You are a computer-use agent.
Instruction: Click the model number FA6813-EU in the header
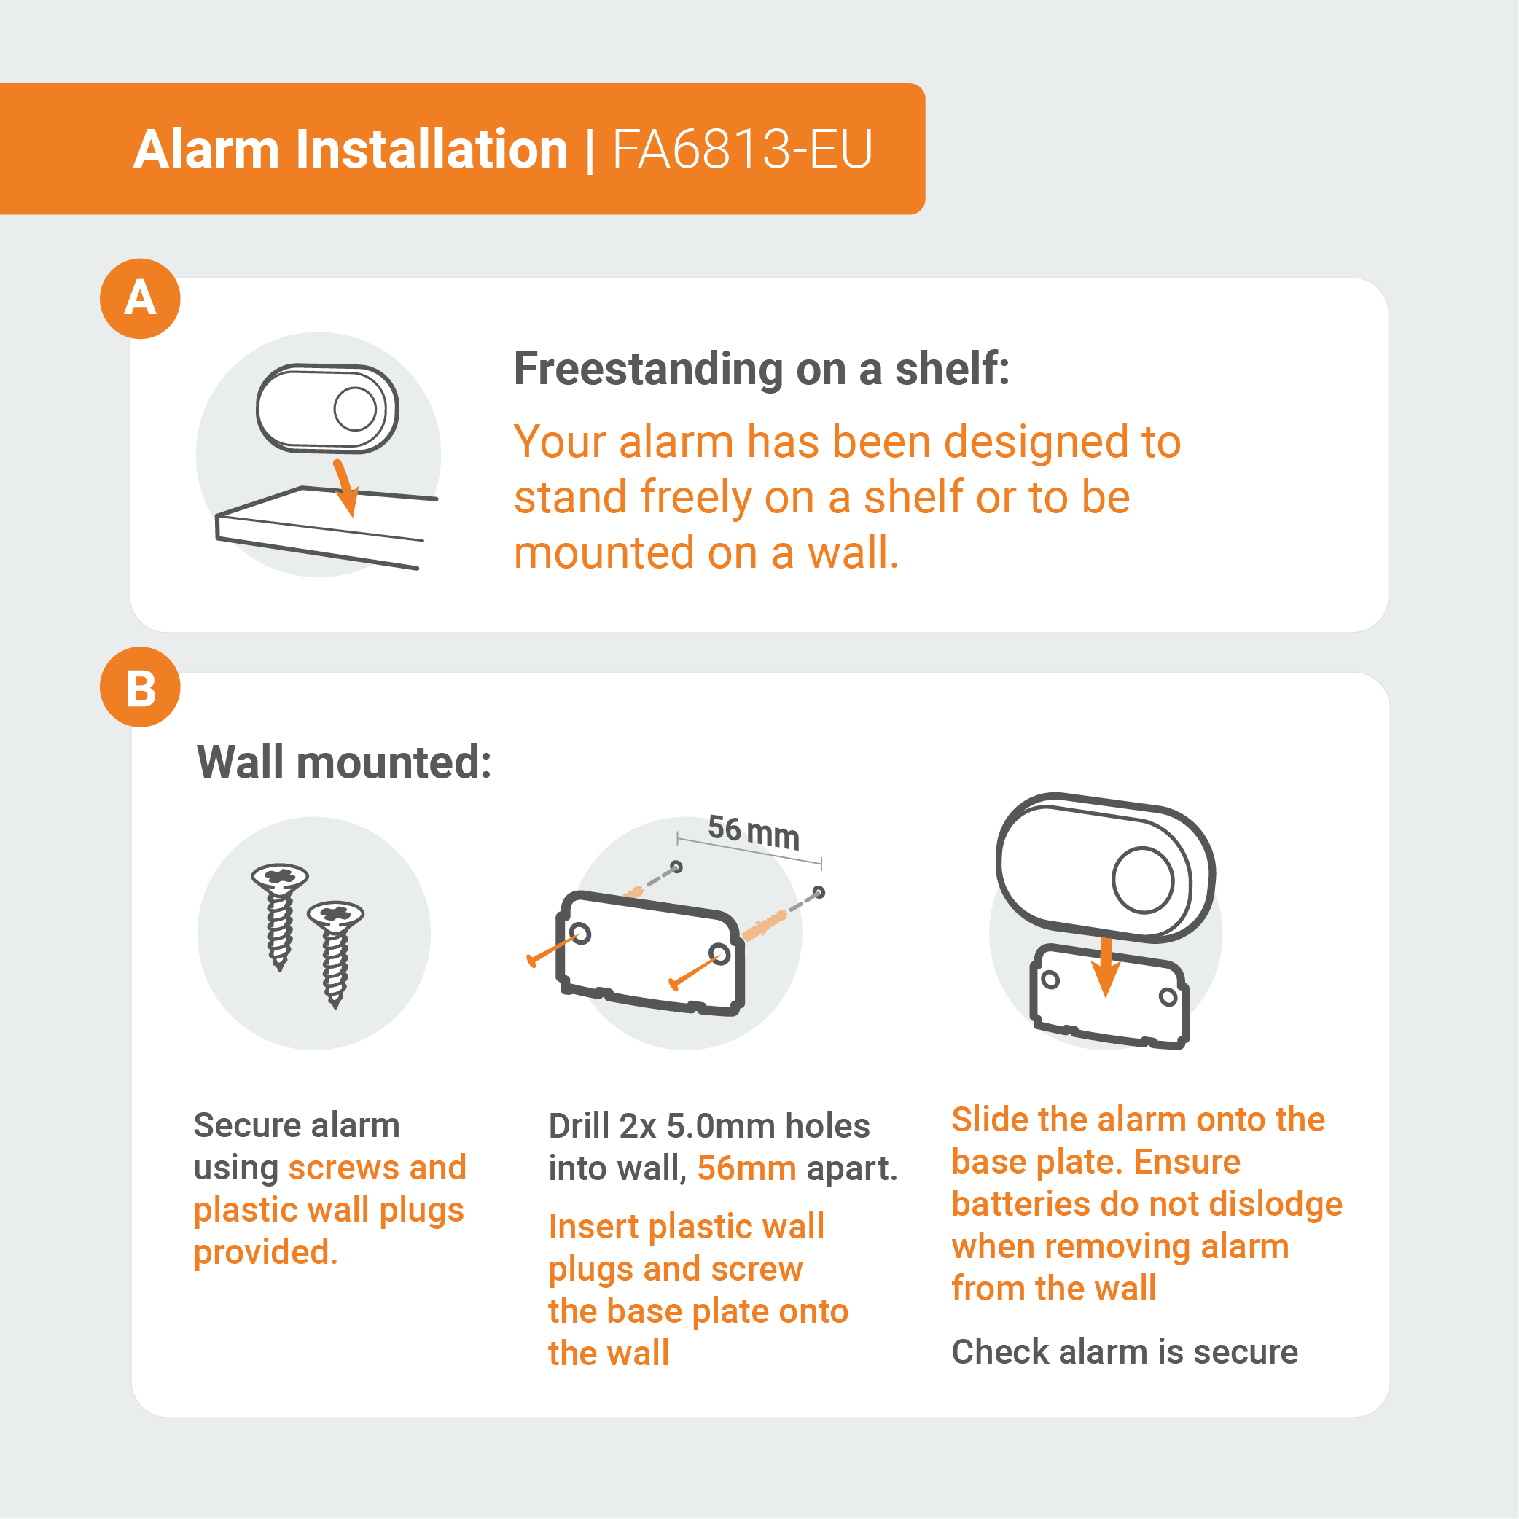[x=742, y=149]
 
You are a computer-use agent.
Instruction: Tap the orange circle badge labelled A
[x=140, y=299]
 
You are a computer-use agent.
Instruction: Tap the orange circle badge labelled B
[x=140, y=687]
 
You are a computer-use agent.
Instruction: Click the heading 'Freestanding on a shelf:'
[x=761, y=370]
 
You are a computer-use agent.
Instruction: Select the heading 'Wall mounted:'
[x=344, y=762]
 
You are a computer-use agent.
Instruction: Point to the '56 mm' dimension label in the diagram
[x=753, y=832]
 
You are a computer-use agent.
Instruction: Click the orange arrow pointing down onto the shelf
[x=345, y=488]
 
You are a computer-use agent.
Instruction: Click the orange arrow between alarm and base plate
[x=1106, y=967]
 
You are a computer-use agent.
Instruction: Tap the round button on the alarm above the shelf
[x=356, y=409]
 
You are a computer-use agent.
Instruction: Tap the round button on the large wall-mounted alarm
[x=1143, y=880]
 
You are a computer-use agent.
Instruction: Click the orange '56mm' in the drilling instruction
[x=747, y=1168]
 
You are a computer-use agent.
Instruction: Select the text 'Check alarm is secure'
[x=1125, y=1351]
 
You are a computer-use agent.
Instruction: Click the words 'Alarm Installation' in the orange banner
[x=351, y=149]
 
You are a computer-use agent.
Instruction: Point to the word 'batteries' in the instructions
[x=1020, y=1203]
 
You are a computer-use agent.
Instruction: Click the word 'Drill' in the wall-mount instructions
[x=579, y=1126]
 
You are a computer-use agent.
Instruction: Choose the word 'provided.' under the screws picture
[x=266, y=1251]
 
